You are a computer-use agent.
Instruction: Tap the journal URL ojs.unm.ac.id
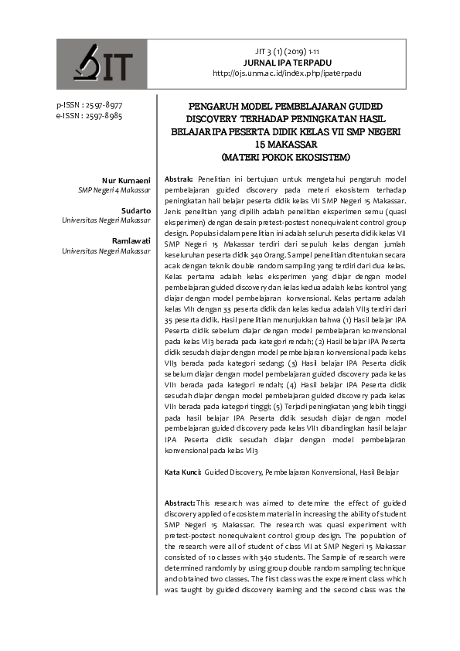tap(291, 73)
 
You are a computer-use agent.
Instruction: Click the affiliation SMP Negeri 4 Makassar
tap(114, 190)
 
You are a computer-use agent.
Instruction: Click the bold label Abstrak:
tap(179, 179)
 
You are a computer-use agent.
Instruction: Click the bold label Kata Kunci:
tap(183, 471)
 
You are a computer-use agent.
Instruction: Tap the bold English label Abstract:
tap(180, 503)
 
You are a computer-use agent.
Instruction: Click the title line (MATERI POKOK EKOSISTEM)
tap(286, 157)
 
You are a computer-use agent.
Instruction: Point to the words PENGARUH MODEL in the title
tap(228, 106)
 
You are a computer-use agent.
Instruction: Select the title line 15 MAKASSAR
tap(286, 145)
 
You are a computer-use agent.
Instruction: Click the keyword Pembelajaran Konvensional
tap(306, 471)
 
